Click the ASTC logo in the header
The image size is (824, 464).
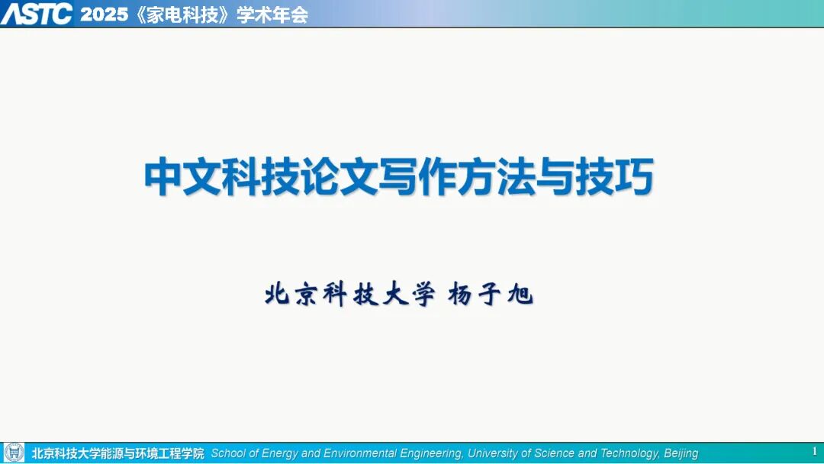tap(37, 14)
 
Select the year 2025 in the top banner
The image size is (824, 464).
tap(104, 14)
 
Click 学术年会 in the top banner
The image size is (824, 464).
tap(272, 14)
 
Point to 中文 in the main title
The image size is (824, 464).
tap(182, 176)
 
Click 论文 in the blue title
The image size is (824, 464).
tap(339, 176)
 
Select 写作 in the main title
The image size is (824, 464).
tap(417, 176)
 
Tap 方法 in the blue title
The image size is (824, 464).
tap(496, 176)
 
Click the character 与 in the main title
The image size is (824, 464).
tap(555, 176)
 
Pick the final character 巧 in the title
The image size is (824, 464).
tap(634, 176)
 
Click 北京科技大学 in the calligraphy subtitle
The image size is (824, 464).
tap(350, 295)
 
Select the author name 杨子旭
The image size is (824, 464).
tap(491, 295)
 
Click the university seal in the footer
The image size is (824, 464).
tap(14, 453)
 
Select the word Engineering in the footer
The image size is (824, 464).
tap(431, 453)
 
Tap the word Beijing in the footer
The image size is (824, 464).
tap(681, 453)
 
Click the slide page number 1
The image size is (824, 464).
tap(815, 451)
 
